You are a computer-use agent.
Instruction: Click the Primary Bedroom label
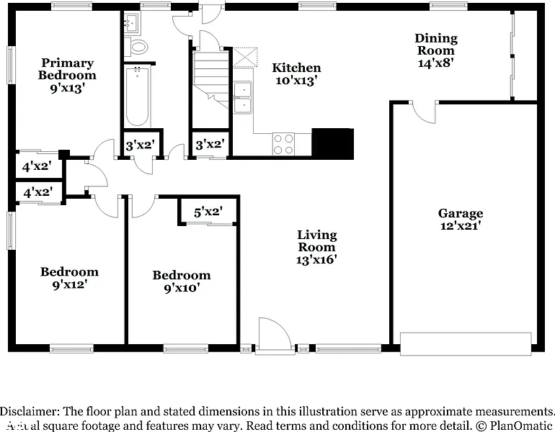(67, 69)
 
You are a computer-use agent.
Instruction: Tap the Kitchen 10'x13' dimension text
(296, 81)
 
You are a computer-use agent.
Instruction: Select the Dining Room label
(436, 44)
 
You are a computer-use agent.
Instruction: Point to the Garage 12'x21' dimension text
(461, 225)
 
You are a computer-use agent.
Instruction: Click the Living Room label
(317, 240)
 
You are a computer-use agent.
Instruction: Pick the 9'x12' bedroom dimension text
(70, 284)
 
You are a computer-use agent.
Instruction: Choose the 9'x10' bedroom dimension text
(182, 288)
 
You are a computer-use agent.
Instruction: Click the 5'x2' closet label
(208, 212)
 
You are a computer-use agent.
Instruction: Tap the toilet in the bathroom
(136, 47)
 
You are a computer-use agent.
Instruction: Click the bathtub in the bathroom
(138, 96)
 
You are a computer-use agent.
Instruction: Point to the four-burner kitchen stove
(283, 144)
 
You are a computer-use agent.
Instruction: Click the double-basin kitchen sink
(243, 97)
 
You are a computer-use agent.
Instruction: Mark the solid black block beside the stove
(333, 144)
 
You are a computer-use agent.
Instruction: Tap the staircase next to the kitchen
(211, 79)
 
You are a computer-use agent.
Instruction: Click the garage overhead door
(466, 343)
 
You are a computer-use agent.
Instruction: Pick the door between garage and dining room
(424, 112)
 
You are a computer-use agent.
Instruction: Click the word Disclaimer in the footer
(30, 412)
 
